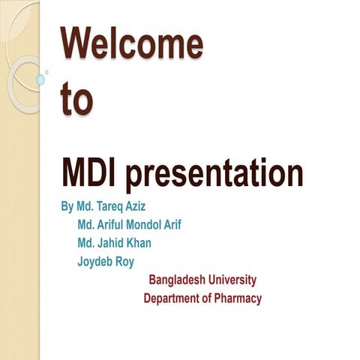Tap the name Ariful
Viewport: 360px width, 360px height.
(x=114, y=224)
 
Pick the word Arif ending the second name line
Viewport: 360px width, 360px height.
(x=191, y=224)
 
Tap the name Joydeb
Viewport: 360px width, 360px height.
(x=94, y=262)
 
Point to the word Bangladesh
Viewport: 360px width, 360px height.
(x=178, y=280)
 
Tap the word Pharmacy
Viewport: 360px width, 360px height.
(x=238, y=298)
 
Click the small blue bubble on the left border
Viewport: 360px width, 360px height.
(x=40, y=79)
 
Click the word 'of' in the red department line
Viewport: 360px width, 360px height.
(x=208, y=298)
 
